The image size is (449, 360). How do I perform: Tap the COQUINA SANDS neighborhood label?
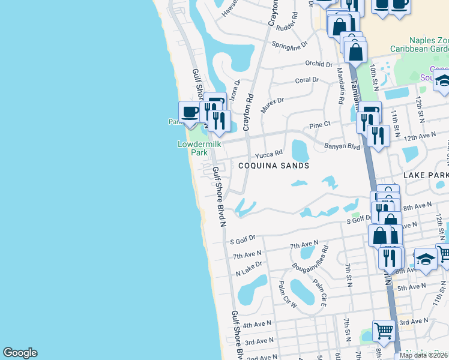274,166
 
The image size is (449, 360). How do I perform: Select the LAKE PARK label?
426,175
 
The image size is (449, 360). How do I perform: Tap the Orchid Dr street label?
318,64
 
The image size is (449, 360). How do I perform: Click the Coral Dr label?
307,80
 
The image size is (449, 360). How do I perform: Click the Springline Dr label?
289,44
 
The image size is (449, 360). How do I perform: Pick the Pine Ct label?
319,125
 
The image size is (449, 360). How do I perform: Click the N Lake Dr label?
249,268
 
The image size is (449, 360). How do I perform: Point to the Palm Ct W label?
287,293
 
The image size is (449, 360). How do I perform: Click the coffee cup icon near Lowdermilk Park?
190,112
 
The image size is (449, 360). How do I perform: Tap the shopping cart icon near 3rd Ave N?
384,329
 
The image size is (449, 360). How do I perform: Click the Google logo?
20,353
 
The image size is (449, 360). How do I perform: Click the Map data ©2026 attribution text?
424,355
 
